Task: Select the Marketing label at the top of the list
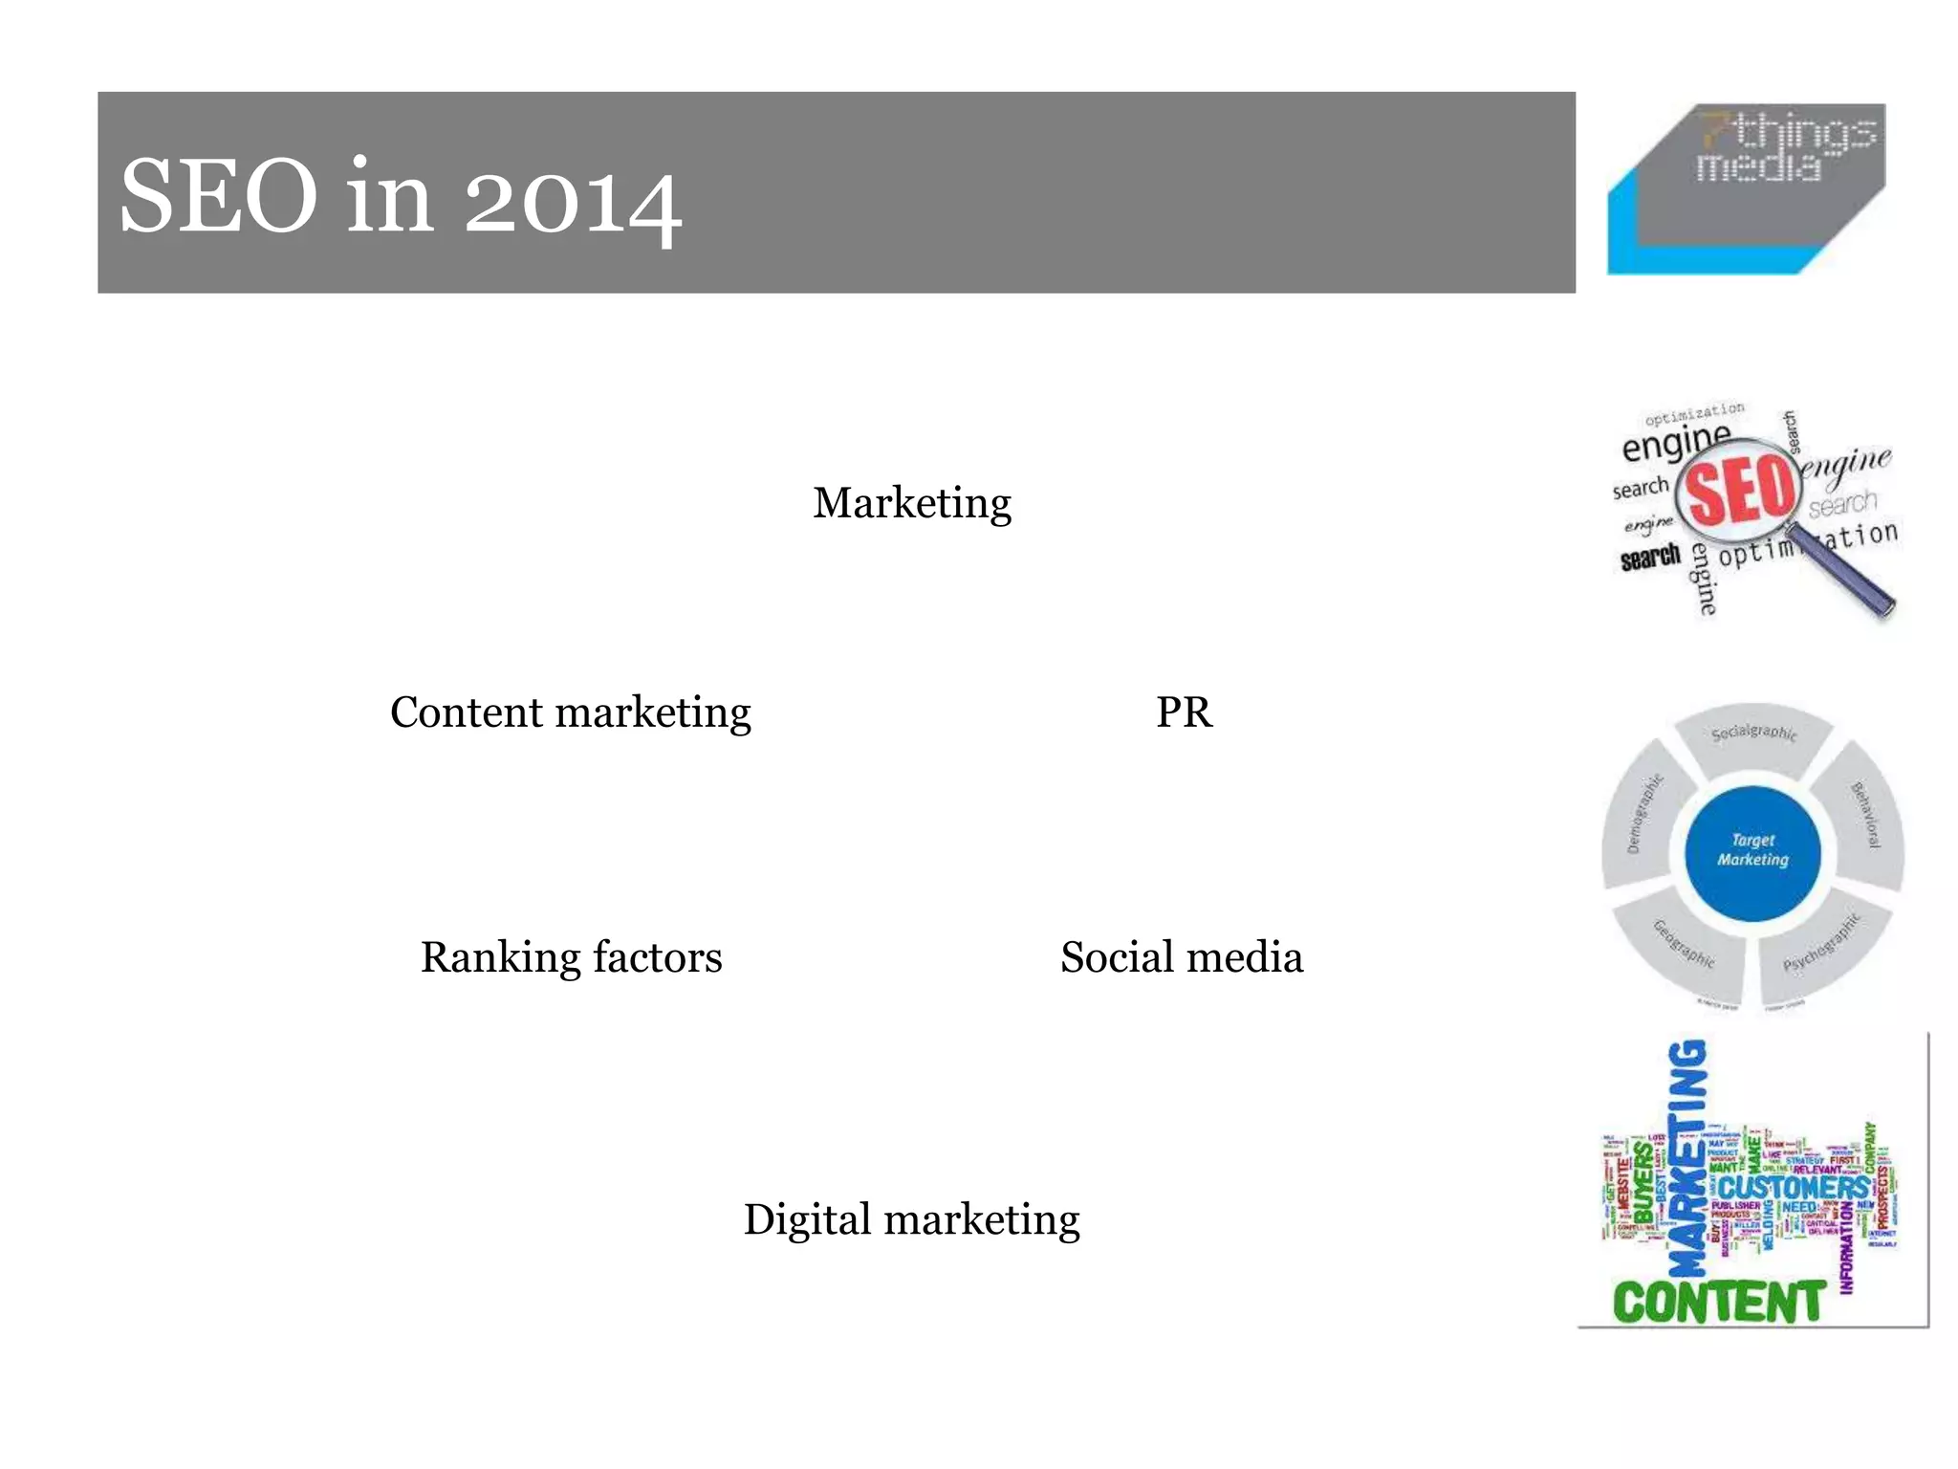click(x=911, y=502)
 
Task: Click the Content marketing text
click(x=570, y=713)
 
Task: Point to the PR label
click(x=1184, y=713)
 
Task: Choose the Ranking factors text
click(x=571, y=957)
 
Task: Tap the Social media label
click(x=1181, y=957)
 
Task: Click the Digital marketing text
click(x=911, y=1219)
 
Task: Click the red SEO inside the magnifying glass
click(x=1740, y=490)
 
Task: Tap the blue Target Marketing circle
click(x=1751, y=850)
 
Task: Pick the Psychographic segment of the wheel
click(x=1821, y=947)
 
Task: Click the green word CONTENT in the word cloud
click(x=1718, y=1303)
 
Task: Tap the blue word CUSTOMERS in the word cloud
click(x=1795, y=1188)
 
